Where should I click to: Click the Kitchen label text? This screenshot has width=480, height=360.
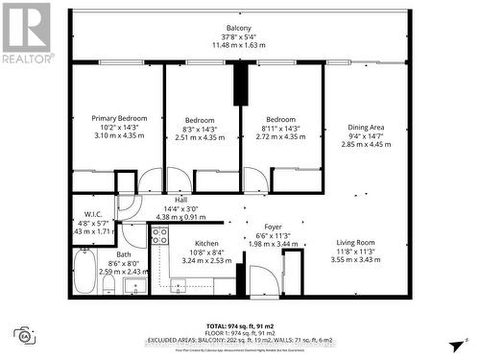208,244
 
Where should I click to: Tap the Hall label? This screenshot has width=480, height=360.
180,200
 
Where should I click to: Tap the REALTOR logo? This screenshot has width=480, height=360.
26,34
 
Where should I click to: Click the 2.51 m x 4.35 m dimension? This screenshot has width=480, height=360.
203,135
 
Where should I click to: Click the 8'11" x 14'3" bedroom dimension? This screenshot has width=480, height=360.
281,127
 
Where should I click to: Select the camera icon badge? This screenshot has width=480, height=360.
20,335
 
